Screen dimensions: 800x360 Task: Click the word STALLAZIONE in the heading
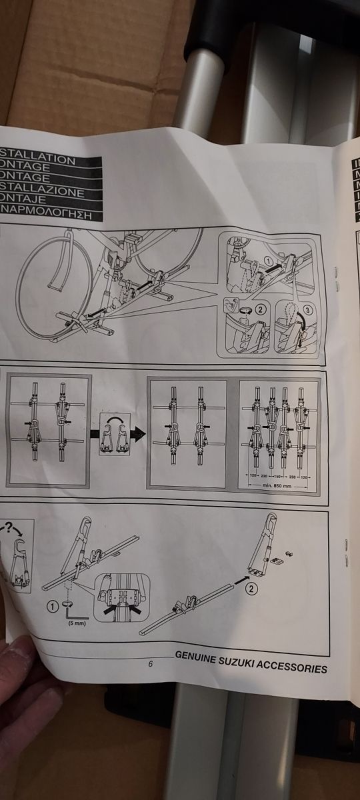43,193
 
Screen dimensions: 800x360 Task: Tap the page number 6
151,664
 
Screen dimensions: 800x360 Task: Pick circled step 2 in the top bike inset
259,310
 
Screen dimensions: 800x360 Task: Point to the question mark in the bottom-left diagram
10,529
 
